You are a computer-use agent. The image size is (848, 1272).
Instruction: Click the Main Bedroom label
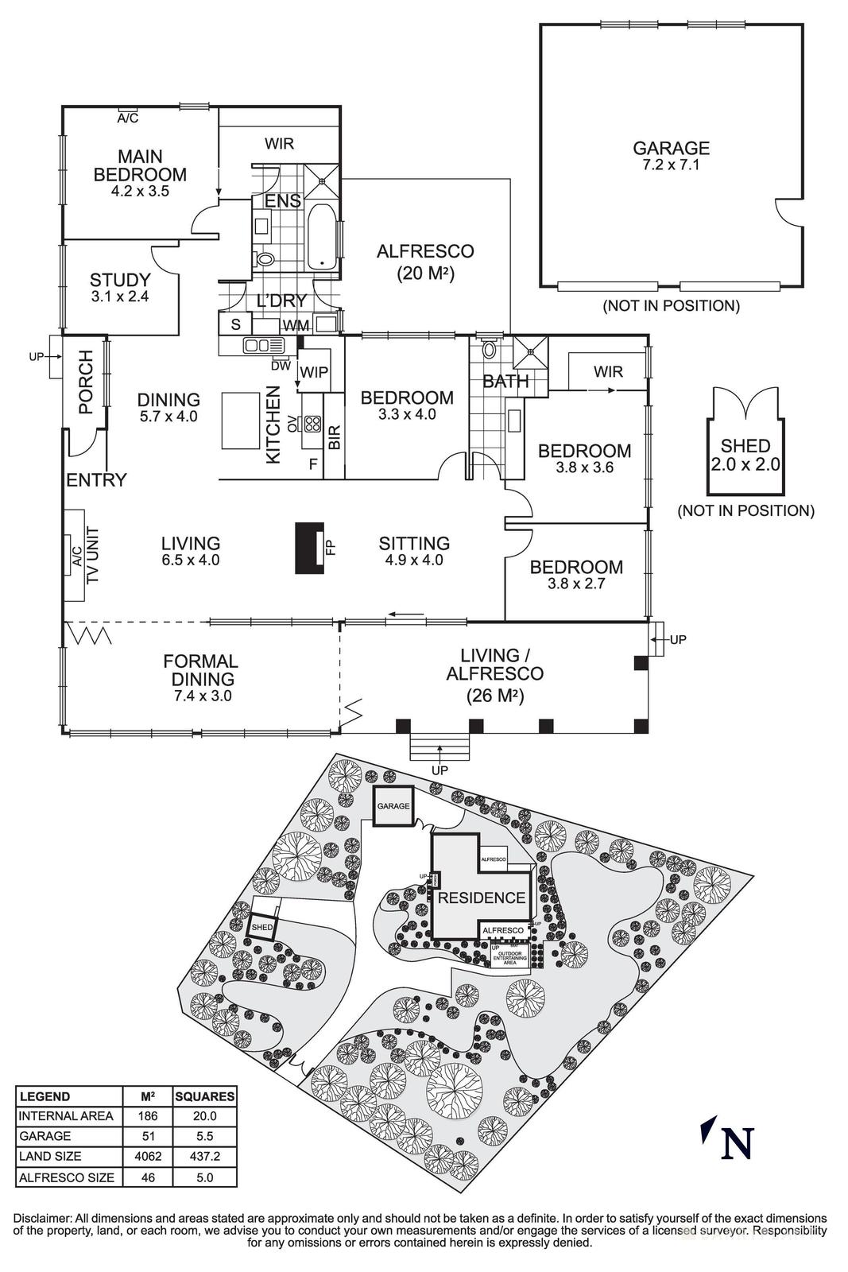pyautogui.click(x=140, y=165)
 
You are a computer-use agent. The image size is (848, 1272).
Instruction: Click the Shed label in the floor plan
pyautogui.click(x=745, y=446)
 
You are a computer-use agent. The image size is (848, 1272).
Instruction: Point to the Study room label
pyautogui.click(x=120, y=280)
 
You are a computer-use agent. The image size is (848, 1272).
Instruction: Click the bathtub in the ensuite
pyautogui.click(x=322, y=236)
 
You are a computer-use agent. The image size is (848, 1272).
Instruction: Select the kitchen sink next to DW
pyautogui.click(x=263, y=345)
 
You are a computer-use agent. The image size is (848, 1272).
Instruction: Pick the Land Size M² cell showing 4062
pyautogui.click(x=148, y=1156)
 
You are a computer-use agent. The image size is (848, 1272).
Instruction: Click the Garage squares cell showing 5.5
pyautogui.click(x=205, y=1136)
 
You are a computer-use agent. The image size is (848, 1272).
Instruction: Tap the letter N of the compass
pyautogui.click(x=736, y=1143)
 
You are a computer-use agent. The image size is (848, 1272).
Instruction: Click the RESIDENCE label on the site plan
pyautogui.click(x=482, y=898)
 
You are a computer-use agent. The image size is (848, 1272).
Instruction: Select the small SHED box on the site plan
pyautogui.click(x=262, y=928)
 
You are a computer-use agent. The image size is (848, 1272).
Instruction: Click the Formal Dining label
pyautogui.click(x=200, y=670)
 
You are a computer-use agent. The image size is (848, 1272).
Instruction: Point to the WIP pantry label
pyautogui.click(x=313, y=372)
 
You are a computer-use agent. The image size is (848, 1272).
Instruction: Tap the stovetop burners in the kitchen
pyautogui.click(x=312, y=424)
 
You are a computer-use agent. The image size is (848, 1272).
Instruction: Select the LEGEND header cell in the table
pyautogui.click(x=45, y=1096)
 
